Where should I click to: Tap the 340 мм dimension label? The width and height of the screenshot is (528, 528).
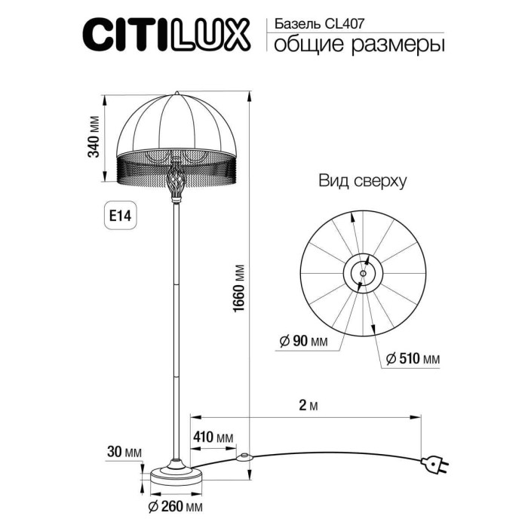(94, 137)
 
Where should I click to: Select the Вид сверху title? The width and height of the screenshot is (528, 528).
(362, 181)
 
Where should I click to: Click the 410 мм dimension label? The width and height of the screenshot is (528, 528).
(213, 437)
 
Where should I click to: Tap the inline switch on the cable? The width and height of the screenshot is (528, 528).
(244, 456)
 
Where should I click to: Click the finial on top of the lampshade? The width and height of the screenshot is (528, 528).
(177, 93)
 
